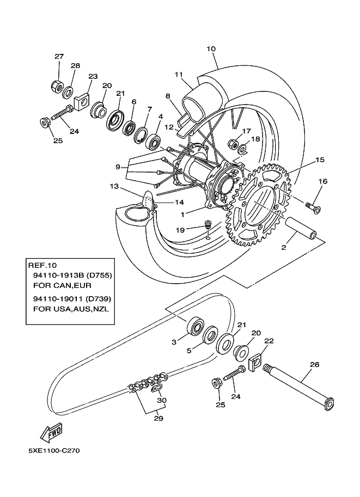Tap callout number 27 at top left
point(59,57)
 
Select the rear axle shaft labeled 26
point(300,387)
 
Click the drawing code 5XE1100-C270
point(54,451)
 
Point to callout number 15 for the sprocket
point(320,160)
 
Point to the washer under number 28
point(69,90)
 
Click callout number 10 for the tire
point(211,48)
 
